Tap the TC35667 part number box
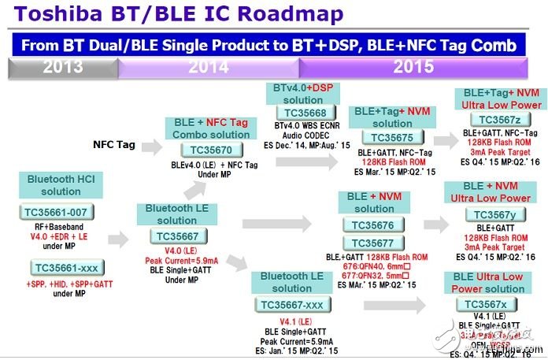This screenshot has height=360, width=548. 177,236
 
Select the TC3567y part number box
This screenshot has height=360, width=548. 491,214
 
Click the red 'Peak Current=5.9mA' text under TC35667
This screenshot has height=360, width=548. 177,259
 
